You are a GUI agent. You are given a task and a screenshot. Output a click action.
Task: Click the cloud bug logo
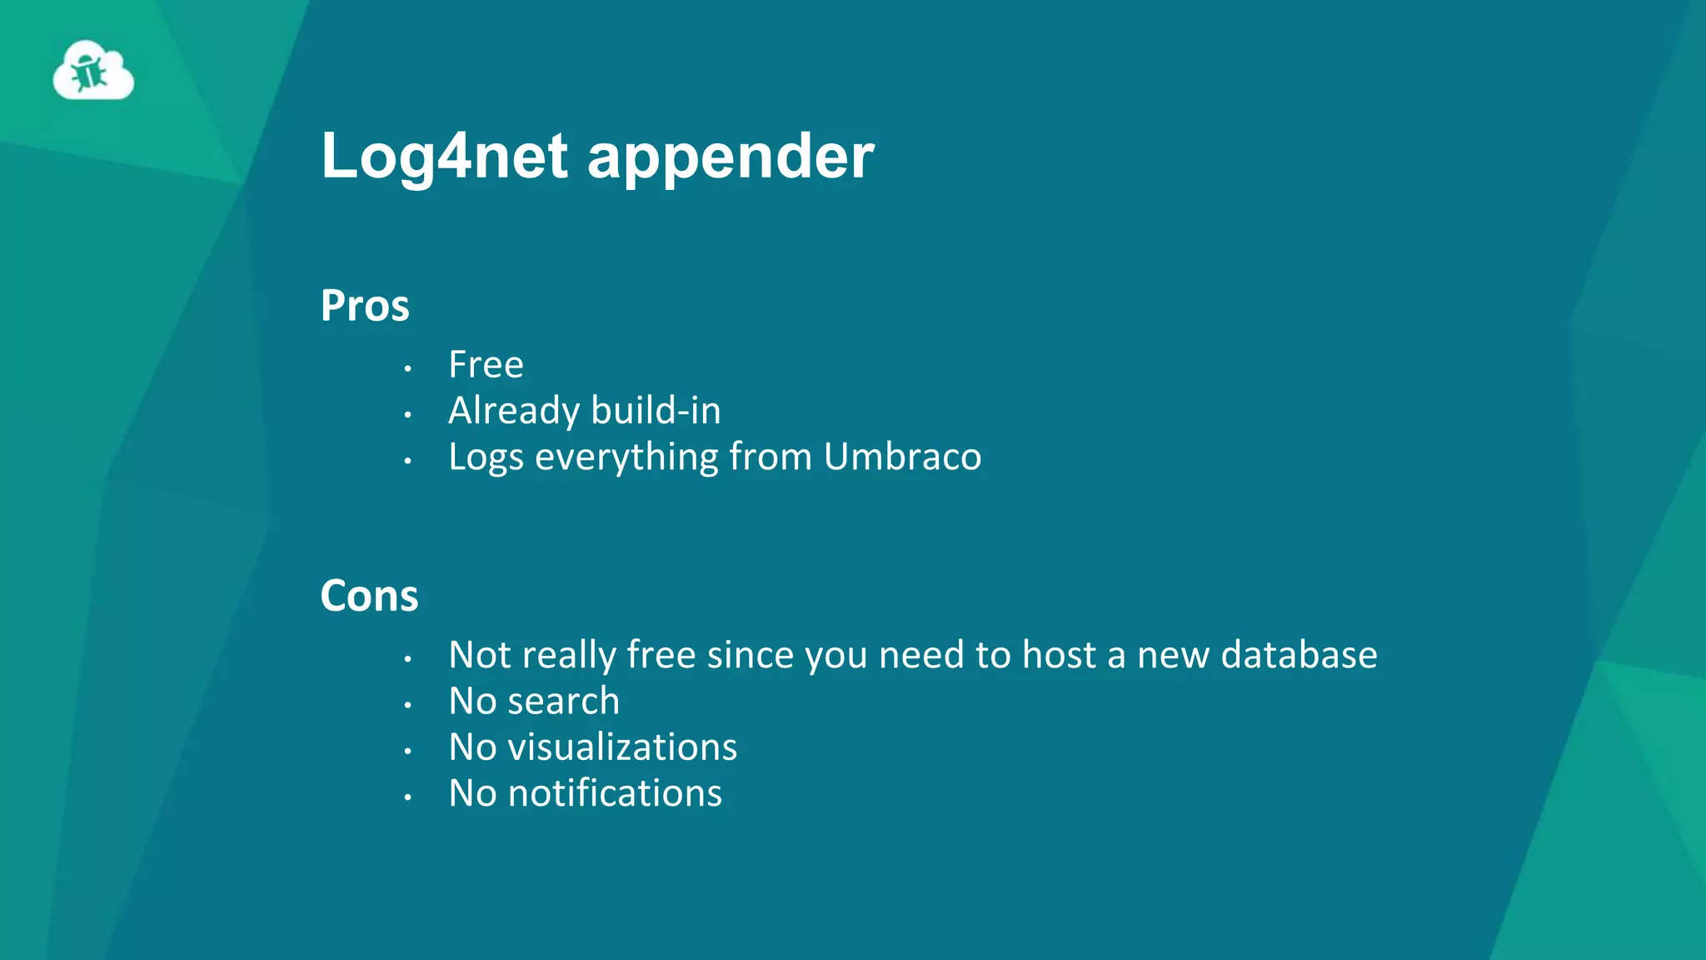pos(93,72)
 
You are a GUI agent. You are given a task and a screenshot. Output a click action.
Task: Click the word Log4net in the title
pos(445,157)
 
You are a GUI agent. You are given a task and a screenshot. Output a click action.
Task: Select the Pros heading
pos(365,306)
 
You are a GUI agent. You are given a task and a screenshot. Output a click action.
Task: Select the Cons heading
pos(369,597)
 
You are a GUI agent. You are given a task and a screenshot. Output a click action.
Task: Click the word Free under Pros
pos(486,365)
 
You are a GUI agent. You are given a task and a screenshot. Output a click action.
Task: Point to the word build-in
pos(656,411)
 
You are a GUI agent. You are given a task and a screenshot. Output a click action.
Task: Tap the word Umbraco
pos(902,457)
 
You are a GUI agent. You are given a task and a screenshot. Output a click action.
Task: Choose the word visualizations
pos(622,747)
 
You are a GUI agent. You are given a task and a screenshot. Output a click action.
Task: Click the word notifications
pos(615,793)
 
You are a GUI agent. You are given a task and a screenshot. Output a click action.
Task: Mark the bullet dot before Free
pos(407,367)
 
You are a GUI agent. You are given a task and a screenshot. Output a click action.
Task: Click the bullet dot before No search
pos(407,705)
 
